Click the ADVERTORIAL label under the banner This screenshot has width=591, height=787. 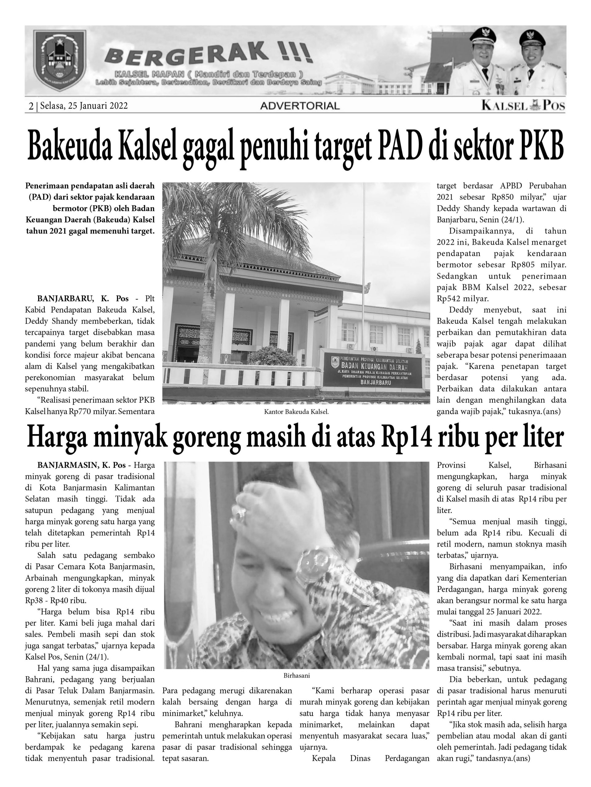click(300, 106)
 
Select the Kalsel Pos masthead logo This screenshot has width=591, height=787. click(523, 106)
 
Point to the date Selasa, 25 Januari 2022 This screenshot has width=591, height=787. click(84, 106)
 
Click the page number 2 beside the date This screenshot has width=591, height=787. click(31, 106)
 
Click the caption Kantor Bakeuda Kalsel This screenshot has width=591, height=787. click(296, 412)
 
